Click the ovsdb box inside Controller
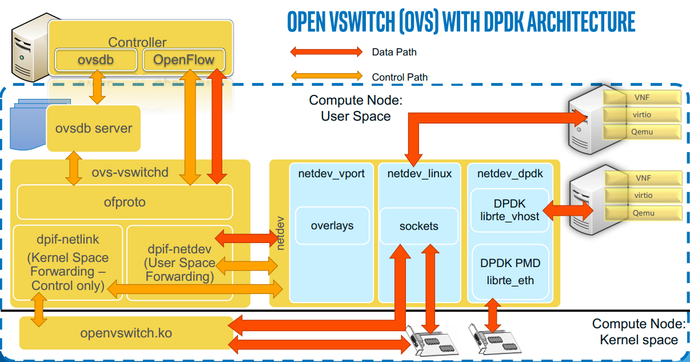[95, 59]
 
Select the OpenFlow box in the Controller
[184, 59]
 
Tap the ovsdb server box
[93, 128]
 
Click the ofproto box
[125, 202]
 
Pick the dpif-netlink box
[67, 262]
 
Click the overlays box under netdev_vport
[332, 226]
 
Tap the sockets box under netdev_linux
[419, 226]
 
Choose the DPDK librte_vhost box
[509, 210]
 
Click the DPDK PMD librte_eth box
[510, 272]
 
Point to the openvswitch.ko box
[126, 333]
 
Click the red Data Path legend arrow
[326, 52]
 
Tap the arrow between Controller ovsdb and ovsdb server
[97, 86]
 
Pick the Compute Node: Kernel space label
[638, 332]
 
